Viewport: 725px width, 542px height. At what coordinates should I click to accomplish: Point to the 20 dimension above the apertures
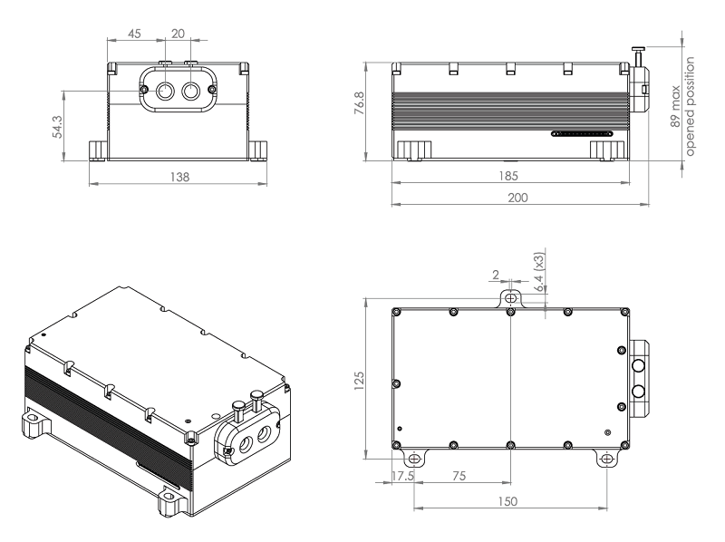tap(177, 33)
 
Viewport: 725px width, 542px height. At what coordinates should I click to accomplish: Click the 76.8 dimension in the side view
tap(359, 106)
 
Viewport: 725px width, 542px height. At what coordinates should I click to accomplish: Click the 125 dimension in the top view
tap(358, 378)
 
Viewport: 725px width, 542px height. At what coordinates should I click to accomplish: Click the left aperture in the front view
tap(167, 92)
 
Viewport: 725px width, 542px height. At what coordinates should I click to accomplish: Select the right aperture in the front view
tap(191, 92)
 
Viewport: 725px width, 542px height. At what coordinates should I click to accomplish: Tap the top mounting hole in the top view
tap(512, 297)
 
